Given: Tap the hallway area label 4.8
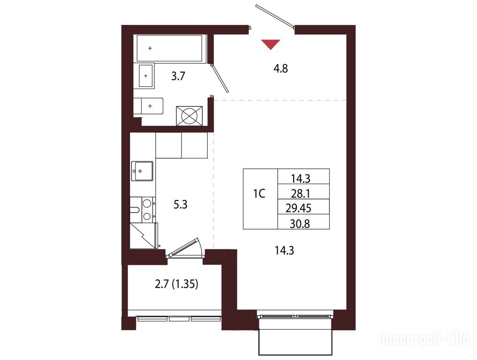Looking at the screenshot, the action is pos(280,69).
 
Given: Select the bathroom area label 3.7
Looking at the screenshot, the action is pos(178,76).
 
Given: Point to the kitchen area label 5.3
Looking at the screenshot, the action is pos(181,205).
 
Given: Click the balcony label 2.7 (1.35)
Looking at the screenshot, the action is pos(176,285).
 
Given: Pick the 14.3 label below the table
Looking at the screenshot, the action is pos(284,251).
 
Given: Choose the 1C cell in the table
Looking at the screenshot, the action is pos(260,199).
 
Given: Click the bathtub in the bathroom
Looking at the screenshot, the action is pos(170,48).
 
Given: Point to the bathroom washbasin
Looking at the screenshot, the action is pos(146,75).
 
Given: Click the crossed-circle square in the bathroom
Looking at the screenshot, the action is pos(189,116).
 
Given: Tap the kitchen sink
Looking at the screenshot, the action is pos(142,171).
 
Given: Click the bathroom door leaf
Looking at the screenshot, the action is pos(220,78).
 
